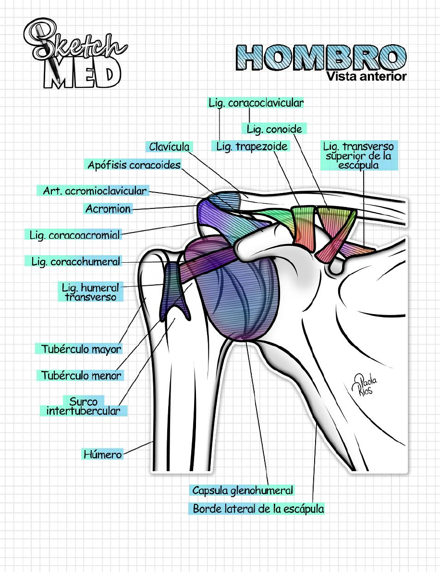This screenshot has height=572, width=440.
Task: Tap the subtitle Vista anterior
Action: [366, 76]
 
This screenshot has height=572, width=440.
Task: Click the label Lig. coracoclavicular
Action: [256, 103]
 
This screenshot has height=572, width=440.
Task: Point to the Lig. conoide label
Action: [274, 129]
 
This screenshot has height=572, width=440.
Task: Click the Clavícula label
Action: [169, 146]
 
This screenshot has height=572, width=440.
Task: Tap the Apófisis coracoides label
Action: [134, 165]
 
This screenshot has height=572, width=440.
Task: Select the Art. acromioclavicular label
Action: [94, 191]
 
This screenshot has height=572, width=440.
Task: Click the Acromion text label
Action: [108, 209]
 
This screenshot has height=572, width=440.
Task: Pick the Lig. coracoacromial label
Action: [74, 235]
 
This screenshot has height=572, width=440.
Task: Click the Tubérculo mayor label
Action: [81, 349]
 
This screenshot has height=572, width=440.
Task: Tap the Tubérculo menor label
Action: [81, 375]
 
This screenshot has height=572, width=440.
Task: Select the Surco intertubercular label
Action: [83, 406]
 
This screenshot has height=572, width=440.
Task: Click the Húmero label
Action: [102, 454]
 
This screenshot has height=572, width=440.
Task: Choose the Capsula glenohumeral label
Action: [242, 490]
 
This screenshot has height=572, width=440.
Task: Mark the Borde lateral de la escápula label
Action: [258, 509]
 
